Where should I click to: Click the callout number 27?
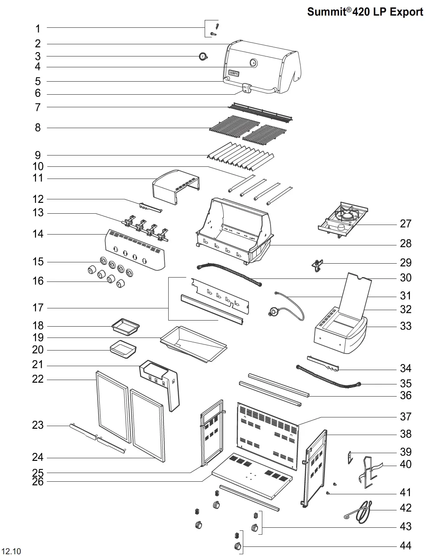[405, 224]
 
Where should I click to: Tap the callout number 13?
[38, 213]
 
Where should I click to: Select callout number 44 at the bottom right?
[405, 546]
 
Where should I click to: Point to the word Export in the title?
[406, 12]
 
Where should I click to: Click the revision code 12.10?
[12, 551]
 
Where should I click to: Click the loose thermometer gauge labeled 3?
[203, 56]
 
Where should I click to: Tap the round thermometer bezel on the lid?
[253, 63]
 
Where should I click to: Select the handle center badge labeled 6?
[247, 88]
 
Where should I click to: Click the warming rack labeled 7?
[260, 113]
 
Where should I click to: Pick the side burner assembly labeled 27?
[343, 219]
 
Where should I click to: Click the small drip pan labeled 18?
[126, 327]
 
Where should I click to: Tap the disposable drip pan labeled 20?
[123, 349]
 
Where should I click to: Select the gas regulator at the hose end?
[274, 311]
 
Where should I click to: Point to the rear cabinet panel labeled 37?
[268, 436]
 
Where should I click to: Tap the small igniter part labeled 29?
[317, 265]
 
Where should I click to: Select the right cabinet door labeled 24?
[147, 425]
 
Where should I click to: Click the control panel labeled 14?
[135, 250]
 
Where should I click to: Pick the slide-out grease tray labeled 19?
[193, 344]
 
